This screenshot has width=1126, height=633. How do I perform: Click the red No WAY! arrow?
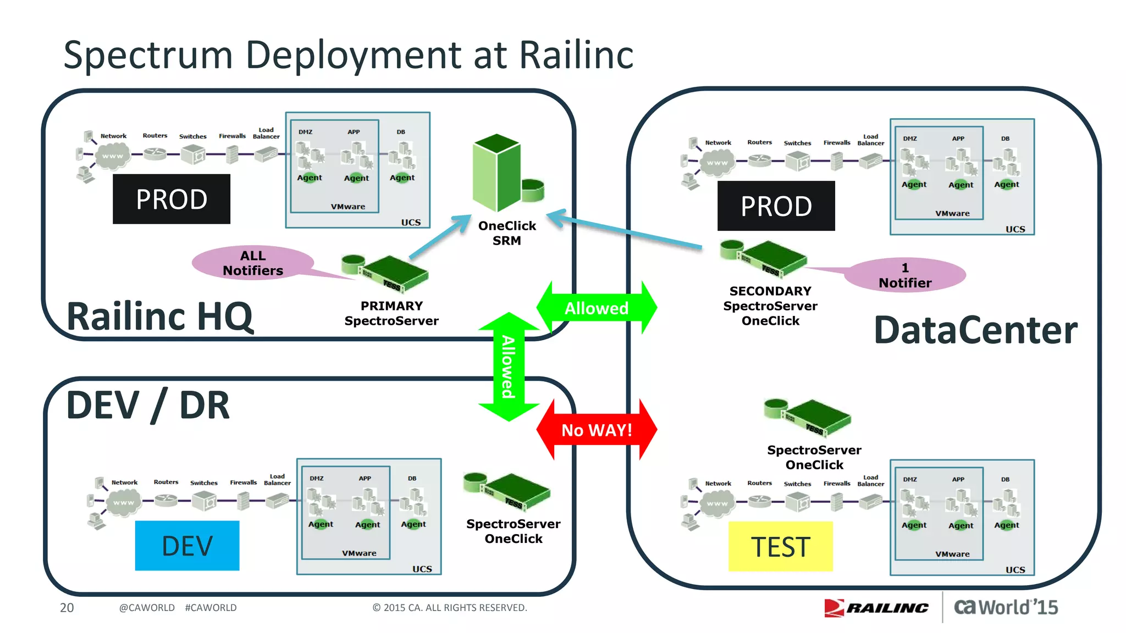click(597, 430)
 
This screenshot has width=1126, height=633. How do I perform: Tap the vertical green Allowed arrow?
click(509, 367)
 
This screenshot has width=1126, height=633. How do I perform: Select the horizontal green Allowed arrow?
click(597, 308)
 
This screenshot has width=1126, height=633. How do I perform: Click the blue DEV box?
click(187, 546)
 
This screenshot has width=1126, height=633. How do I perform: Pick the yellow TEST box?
click(780, 547)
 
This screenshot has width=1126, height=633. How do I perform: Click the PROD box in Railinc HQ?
click(172, 199)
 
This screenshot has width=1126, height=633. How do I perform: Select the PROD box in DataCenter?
click(776, 206)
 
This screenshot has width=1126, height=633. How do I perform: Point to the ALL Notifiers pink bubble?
click(253, 263)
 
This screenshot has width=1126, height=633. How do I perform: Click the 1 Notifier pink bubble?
click(905, 275)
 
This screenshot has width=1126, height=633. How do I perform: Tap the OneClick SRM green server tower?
click(498, 173)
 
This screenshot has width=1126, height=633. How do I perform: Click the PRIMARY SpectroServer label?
click(391, 313)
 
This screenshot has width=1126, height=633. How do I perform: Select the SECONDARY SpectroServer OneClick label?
click(770, 306)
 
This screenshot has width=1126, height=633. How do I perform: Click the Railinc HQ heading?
click(159, 316)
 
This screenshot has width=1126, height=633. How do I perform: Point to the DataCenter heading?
click(975, 330)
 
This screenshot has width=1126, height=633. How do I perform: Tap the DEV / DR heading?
click(147, 406)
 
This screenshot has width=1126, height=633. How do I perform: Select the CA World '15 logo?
click(1006, 607)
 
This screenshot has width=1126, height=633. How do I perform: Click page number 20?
click(67, 608)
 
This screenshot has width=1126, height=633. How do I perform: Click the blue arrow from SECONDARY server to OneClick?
click(627, 231)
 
